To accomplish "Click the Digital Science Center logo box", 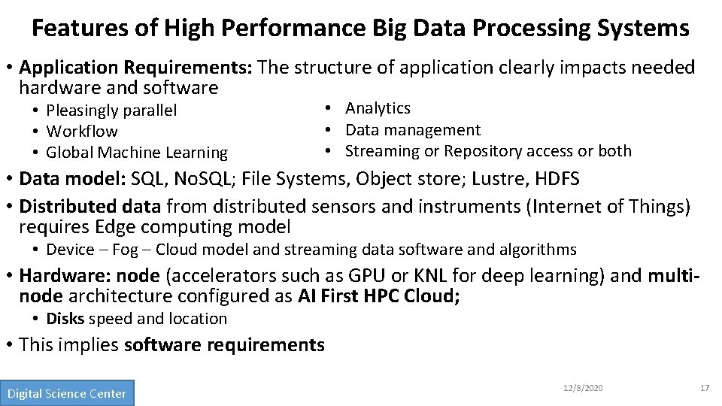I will pyautogui.click(x=67, y=393).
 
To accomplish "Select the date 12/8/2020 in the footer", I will pyautogui.click(x=583, y=388).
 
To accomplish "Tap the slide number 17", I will pyautogui.click(x=704, y=388).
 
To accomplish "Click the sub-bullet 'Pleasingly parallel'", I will pyautogui.click(x=111, y=111).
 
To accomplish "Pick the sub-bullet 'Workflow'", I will pyautogui.click(x=81, y=132).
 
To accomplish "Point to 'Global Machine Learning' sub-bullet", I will pyautogui.click(x=136, y=153).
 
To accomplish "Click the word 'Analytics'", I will pyautogui.click(x=378, y=108).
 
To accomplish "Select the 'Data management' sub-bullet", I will pyautogui.click(x=412, y=130).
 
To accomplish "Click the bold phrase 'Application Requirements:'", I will pyautogui.click(x=136, y=68).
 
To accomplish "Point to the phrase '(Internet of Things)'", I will pyautogui.click(x=614, y=205).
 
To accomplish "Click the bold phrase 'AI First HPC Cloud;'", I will pyautogui.click(x=379, y=296).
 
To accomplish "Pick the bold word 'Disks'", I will pyautogui.click(x=65, y=319).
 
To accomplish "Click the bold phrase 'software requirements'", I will pyautogui.click(x=224, y=345).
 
